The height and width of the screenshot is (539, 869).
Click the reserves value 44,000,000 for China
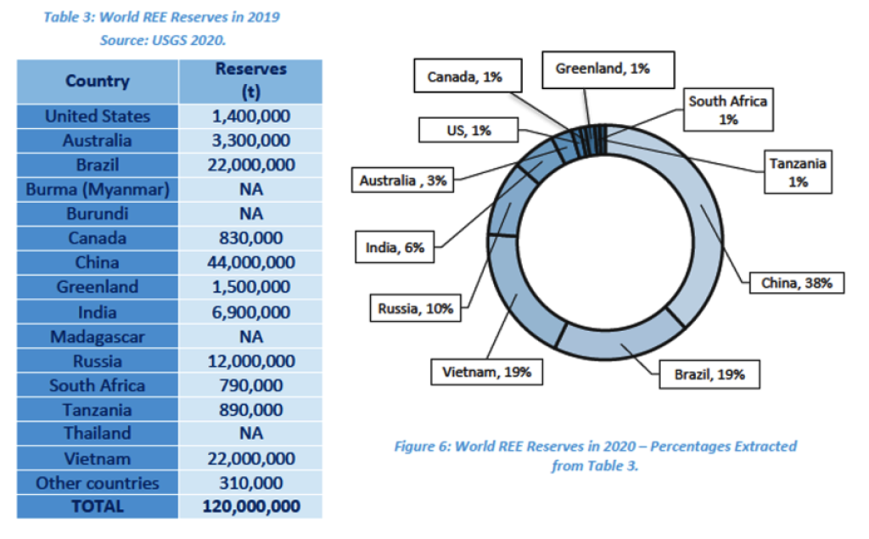click(x=251, y=262)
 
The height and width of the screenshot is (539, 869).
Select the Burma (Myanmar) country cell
click(x=98, y=189)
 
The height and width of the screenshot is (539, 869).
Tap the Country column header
click(x=98, y=81)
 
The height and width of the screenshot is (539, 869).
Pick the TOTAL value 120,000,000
click(x=251, y=507)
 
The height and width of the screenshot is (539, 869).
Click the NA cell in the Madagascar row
click(x=251, y=336)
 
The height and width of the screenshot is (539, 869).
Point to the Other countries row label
click(x=98, y=483)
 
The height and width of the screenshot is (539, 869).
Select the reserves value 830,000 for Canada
click(x=251, y=239)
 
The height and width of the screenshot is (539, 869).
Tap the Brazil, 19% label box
click(x=709, y=374)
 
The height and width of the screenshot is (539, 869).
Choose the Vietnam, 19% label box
click(x=486, y=372)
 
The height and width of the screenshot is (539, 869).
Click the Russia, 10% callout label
click(x=416, y=308)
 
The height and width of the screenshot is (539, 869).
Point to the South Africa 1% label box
click(x=727, y=110)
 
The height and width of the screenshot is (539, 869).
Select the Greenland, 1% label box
click(x=603, y=70)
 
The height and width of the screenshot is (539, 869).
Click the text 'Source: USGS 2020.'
click(x=162, y=40)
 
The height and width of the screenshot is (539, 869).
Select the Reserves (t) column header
click(x=251, y=81)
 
